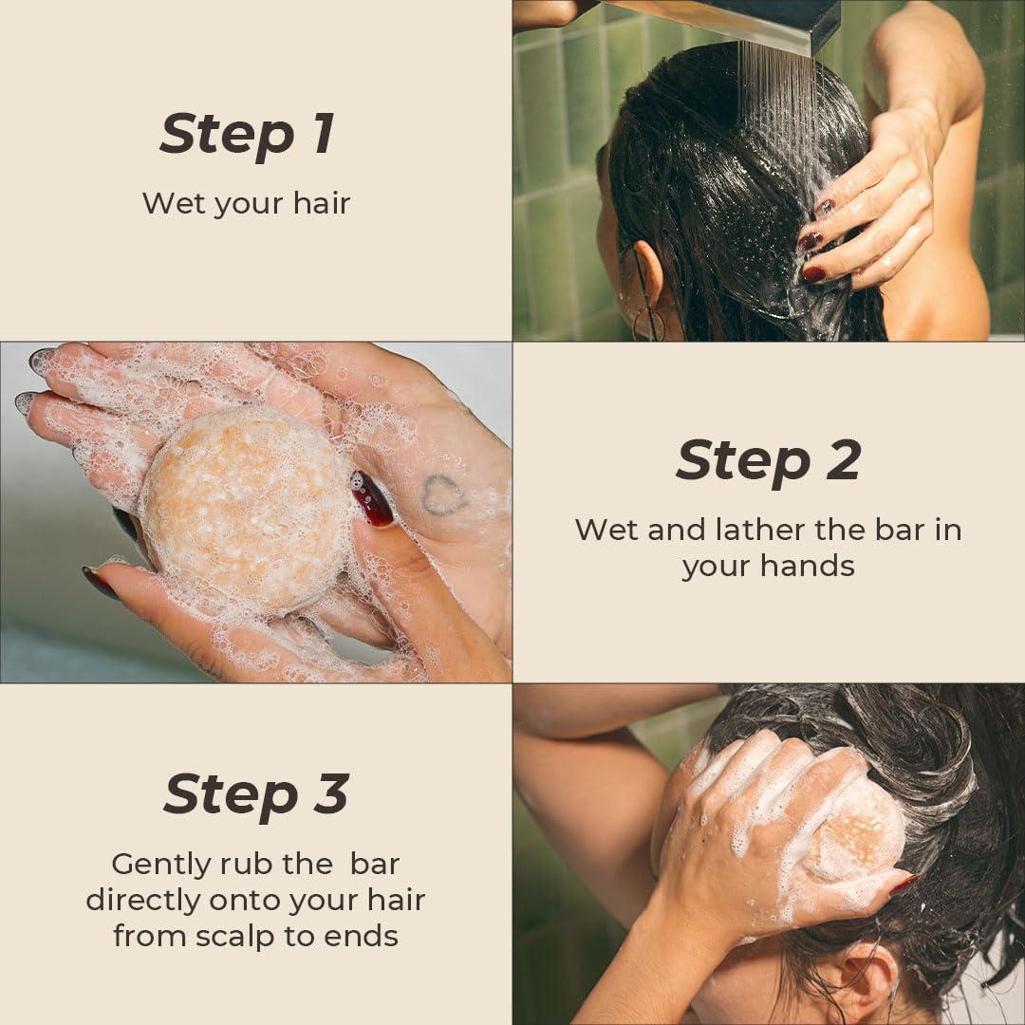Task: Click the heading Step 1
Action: coord(247,133)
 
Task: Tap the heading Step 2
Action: coord(768,461)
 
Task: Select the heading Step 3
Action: coord(256,793)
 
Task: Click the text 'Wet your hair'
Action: coord(246,203)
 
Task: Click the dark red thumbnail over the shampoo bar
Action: coord(371,498)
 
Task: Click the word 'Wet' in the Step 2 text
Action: coord(606,530)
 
